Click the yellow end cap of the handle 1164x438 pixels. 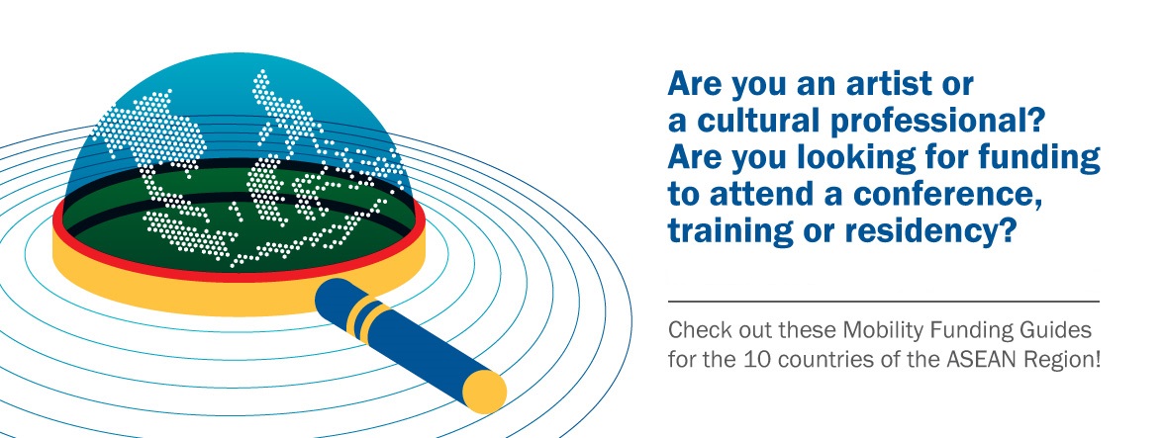485,391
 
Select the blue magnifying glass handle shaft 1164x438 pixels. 407,342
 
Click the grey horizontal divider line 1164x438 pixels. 883,302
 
